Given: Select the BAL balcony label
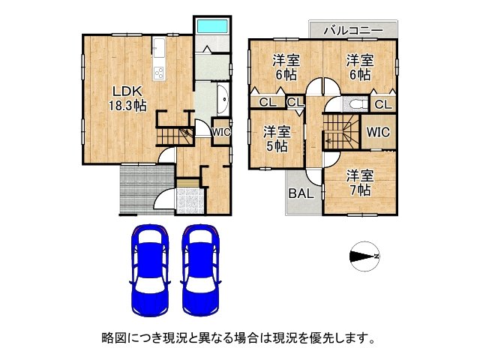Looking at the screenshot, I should click(x=301, y=193).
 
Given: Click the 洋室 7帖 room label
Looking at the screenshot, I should click(x=358, y=182).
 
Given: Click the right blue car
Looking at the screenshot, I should click(x=200, y=270).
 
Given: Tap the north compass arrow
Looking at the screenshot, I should click(x=366, y=256).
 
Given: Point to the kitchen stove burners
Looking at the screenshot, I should click(x=159, y=73).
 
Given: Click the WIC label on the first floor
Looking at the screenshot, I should click(x=221, y=132).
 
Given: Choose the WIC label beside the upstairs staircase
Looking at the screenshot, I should click(x=378, y=132).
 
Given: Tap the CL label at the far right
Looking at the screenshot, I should click(x=382, y=104).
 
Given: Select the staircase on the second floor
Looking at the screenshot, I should click(x=342, y=133).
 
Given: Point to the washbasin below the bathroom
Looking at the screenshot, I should click(x=223, y=98).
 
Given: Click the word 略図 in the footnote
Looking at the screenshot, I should click(x=113, y=338).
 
